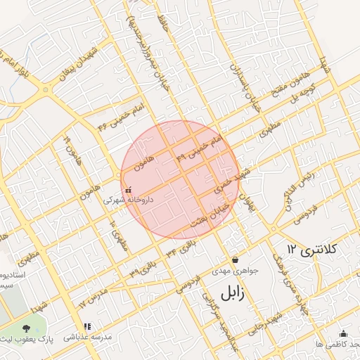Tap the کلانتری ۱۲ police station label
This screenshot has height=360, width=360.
click(312, 249)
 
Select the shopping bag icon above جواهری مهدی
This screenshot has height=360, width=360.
click(234, 259)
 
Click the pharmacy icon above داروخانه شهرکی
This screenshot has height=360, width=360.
click(127, 190)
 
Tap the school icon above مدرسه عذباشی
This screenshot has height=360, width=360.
click(88, 327)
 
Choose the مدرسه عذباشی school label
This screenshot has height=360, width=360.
click(88, 337)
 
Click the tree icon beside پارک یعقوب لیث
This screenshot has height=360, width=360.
click(26, 328)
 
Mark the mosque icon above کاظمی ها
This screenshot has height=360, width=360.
click(343, 333)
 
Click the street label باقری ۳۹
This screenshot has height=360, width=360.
click(143, 267)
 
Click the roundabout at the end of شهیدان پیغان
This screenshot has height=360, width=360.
click(47, 91)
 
